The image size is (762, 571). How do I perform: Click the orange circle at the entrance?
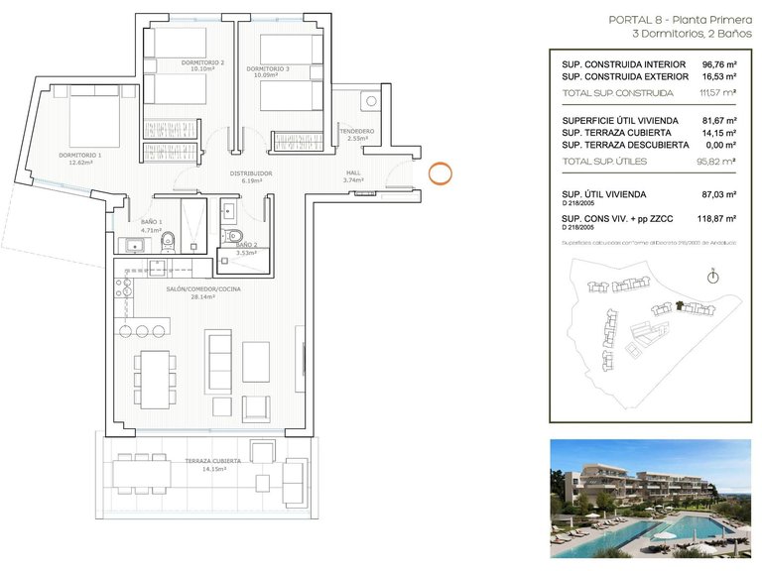(442, 173)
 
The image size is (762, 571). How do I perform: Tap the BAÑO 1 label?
(151, 224)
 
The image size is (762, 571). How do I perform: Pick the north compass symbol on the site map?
(712, 278)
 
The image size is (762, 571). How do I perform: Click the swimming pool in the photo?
(655, 540)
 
